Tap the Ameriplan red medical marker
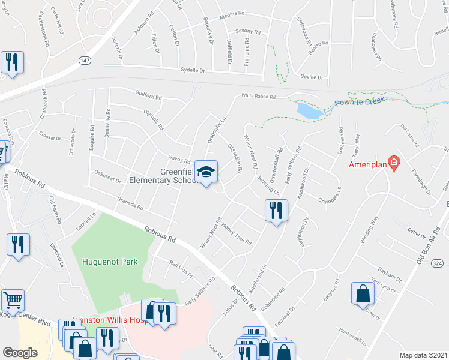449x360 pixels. (394, 162)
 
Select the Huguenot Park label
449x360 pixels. (110, 262)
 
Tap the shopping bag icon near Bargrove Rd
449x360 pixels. (363, 294)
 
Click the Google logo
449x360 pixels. (20, 352)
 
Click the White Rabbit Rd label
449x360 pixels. (258, 97)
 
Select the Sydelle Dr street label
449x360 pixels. (193, 70)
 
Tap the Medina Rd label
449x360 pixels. (233, 13)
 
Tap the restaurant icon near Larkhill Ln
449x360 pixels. (17, 245)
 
